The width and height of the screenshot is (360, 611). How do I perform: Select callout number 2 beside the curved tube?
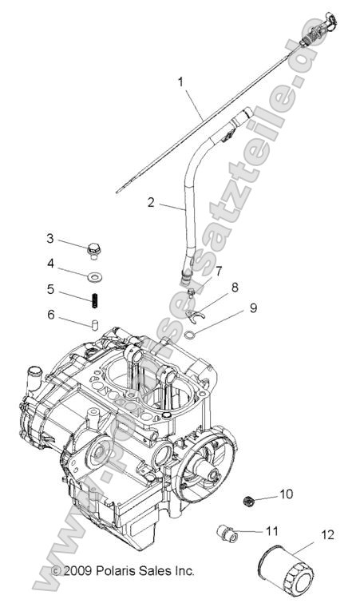(x=151, y=203)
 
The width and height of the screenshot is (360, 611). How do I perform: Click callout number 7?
(x=219, y=272)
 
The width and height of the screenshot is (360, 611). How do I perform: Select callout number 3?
(x=49, y=239)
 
